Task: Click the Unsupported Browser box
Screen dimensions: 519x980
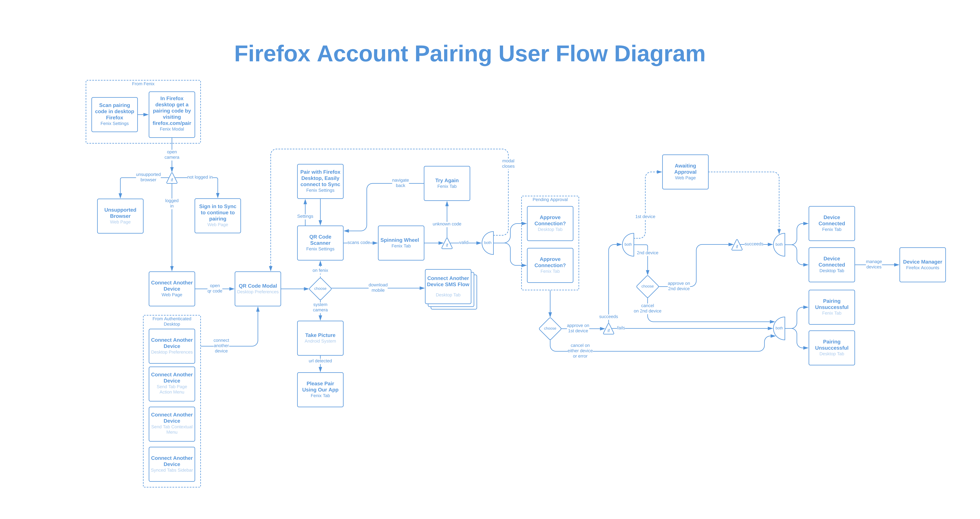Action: click(120, 216)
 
